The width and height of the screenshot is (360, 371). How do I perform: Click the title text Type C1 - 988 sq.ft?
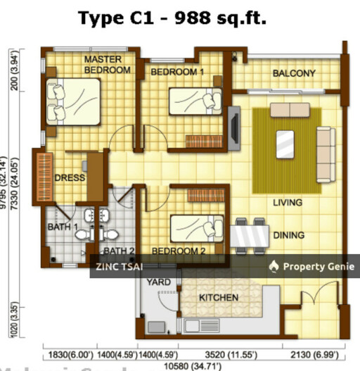click(x=172, y=18)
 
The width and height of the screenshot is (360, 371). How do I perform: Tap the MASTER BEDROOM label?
click(x=107, y=65)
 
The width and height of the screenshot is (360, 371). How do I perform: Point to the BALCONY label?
click(x=293, y=73)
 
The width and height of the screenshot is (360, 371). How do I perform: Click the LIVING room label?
click(x=288, y=203)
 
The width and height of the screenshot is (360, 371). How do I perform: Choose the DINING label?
click(x=289, y=235)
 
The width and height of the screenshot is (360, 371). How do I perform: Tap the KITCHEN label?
click(x=218, y=298)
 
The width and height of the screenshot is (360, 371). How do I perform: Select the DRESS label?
click(x=70, y=177)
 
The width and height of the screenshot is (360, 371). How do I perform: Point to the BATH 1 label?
click(x=63, y=227)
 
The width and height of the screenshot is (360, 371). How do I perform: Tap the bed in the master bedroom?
click(x=73, y=100)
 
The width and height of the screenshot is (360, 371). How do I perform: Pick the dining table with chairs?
click(x=250, y=233)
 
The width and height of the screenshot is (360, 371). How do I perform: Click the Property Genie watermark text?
click(x=312, y=266)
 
